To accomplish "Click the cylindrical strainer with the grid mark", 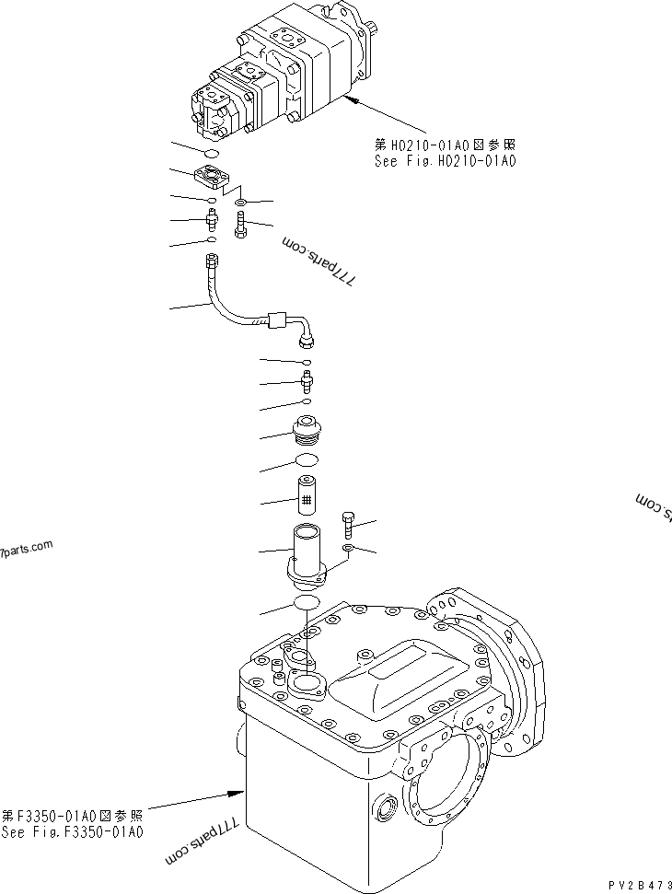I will (307, 495).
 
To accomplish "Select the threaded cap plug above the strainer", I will (307, 431).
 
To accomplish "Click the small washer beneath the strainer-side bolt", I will (349, 549).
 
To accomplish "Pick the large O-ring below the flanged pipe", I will (305, 602).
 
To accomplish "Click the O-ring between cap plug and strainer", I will (307, 459).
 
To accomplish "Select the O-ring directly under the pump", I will (211, 153).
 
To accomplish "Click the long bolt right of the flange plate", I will (239, 224).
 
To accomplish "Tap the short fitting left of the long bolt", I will (211, 221).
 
